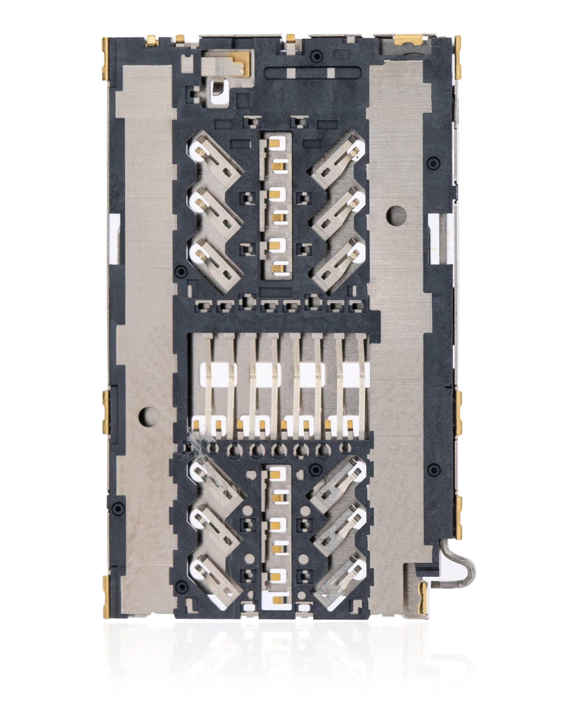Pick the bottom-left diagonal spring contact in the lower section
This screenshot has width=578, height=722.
[x=214, y=581]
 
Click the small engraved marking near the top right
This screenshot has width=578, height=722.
[x=342, y=54]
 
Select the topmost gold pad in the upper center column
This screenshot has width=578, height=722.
[x=276, y=142]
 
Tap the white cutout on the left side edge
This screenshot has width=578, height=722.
[x=114, y=238]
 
